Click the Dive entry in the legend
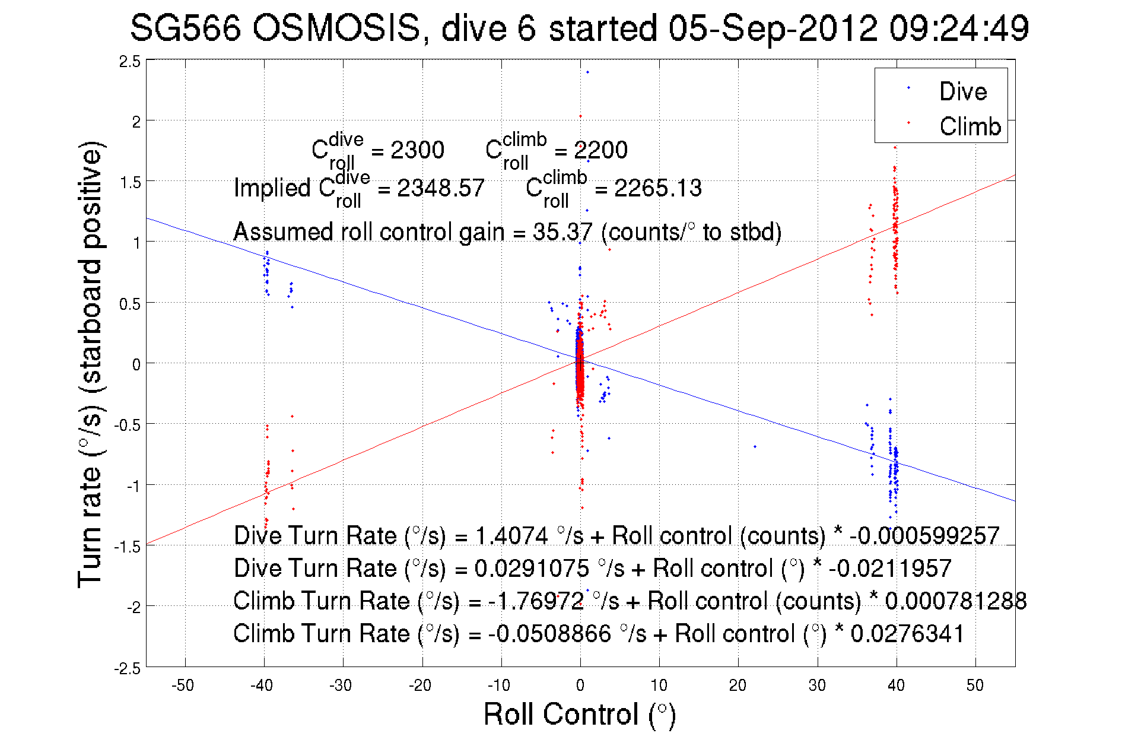(x=962, y=91)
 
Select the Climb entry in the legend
(x=970, y=126)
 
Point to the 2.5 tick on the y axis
(x=130, y=61)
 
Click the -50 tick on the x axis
(x=183, y=685)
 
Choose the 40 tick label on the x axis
(x=896, y=685)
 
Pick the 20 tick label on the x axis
(x=738, y=685)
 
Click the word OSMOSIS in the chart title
(x=336, y=28)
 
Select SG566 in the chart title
(x=185, y=28)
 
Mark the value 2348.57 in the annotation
(x=440, y=189)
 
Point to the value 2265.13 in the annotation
(x=657, y=189)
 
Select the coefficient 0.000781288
(x=955, y=601)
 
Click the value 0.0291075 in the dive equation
(x=532, y=569)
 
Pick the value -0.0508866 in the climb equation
(x=549, y=634)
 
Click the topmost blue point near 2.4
(x=587, y=72)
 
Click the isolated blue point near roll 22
(x=755, y=446)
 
